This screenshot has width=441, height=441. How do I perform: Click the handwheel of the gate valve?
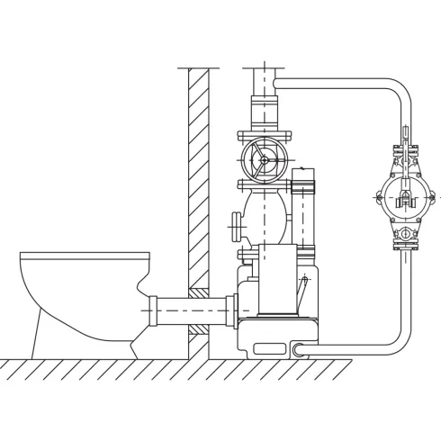[x=262, y=161]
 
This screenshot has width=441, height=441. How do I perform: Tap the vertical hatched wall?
[x=198, y=180]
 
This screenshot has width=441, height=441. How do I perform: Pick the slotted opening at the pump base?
[x=269, y=347]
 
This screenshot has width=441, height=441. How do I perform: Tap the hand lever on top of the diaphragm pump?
[x=406, y=144]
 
